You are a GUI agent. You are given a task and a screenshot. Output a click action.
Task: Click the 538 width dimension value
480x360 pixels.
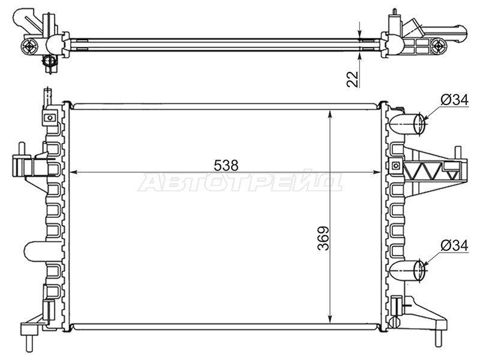point(226,166)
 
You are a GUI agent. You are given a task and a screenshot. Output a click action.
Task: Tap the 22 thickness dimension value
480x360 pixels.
point(353,79)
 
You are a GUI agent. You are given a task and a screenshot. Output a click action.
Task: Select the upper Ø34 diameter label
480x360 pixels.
point(455,100)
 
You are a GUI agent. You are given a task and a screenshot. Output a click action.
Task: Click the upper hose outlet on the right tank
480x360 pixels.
point(408,124)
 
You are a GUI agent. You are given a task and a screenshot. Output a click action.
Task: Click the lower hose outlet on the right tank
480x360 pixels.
point(408,270)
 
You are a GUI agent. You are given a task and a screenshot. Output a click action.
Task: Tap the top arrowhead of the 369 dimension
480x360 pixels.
point(329,114)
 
